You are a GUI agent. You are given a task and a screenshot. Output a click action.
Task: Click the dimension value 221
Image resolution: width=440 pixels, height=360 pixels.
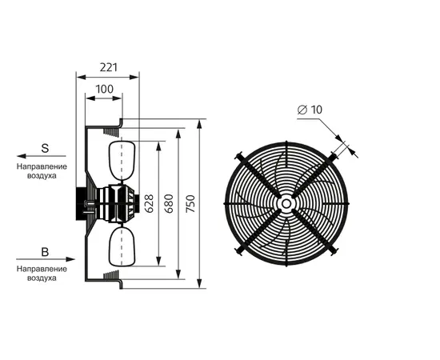coord(108,68)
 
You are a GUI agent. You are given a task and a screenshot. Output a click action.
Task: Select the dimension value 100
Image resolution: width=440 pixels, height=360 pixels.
coord(104,90)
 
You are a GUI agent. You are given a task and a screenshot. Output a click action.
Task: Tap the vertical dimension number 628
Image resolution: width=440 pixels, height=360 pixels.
coord(150,203)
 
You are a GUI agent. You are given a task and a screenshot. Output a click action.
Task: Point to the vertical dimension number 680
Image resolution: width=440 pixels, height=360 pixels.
coord(169,203)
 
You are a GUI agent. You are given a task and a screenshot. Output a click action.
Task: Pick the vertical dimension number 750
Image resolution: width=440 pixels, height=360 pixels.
coord(190,203)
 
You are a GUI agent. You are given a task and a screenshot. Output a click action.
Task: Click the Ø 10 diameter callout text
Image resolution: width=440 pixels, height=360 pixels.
coord(310,110)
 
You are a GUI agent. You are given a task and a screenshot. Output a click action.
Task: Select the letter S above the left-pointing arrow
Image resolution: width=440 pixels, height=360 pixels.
coord(45,148)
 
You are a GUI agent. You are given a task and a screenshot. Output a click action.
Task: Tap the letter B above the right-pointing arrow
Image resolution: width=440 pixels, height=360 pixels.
coord(45,252)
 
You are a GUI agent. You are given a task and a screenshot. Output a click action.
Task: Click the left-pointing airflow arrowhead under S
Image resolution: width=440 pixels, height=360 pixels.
coord(22,156)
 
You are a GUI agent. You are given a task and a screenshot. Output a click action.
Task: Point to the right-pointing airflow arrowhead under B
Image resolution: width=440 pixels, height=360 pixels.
coord(70,259)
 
